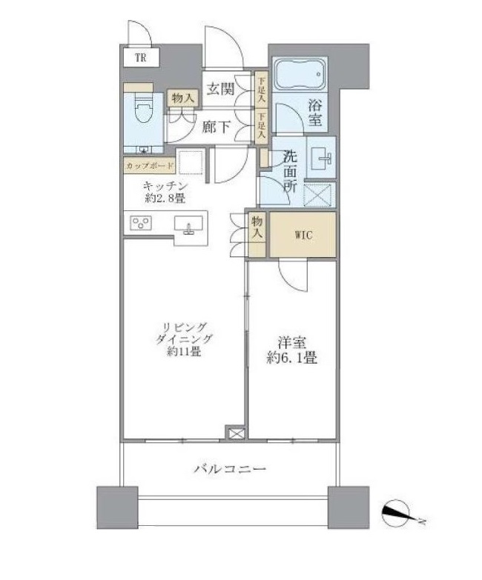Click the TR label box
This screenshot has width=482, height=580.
point(140,57)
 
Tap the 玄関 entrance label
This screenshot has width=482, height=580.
point(221,89)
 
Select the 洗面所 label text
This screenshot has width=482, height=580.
point(289,172)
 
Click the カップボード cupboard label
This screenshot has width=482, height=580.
point(150,165)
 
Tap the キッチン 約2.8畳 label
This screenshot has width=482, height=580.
point(164,192)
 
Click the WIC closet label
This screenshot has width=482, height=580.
point(303,236)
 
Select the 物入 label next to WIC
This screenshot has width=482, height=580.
point(257,226)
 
